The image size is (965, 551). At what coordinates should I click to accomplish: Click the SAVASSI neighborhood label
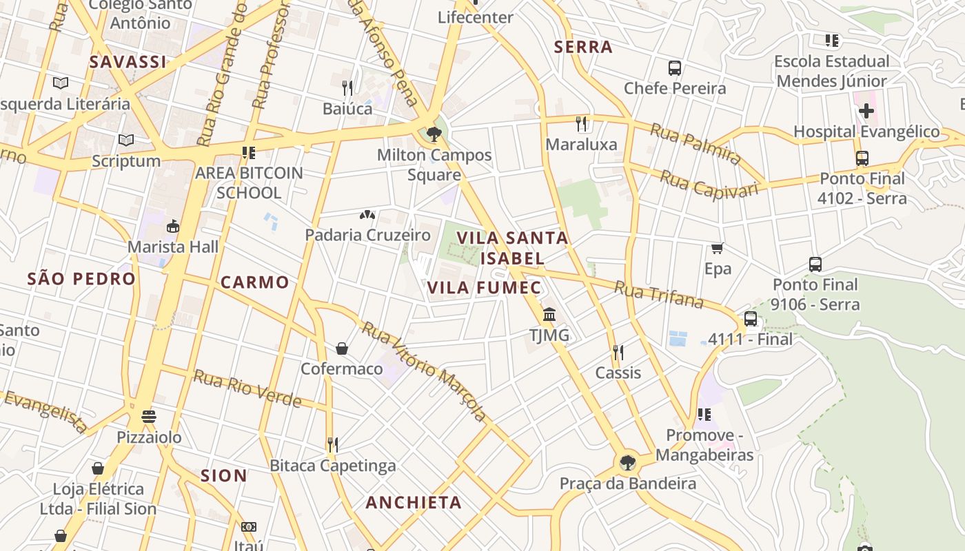point(128,62)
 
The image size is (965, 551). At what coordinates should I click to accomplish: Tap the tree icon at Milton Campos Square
point(434,134)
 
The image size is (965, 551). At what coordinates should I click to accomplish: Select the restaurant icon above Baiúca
point(347,87)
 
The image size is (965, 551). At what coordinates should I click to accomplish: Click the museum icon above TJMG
point(549,314)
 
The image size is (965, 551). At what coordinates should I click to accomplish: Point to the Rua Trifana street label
point(658,295)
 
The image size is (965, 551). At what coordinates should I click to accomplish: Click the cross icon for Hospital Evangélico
point(866,110)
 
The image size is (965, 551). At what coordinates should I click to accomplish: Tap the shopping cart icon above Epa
point(718,248)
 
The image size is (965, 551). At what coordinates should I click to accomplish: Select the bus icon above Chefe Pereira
point(675,68)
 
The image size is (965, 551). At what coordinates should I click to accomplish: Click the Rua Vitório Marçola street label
point(425,372)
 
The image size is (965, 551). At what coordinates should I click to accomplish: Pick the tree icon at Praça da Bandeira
point(627,462)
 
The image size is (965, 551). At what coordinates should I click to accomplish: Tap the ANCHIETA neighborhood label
point(414,503)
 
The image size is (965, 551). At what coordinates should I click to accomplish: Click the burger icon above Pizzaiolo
point(149,417)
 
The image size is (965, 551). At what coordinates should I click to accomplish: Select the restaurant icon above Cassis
point(618,353)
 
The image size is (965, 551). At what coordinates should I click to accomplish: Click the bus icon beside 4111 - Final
point(751,319)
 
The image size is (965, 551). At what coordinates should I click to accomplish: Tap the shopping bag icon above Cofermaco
point(342,349)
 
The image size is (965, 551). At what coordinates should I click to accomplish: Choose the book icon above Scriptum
point(125,141)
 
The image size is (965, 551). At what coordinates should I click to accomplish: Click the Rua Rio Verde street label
point(247,388)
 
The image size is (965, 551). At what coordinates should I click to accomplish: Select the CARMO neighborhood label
point(254,282)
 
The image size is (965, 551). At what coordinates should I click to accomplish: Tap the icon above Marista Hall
point(172,226)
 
